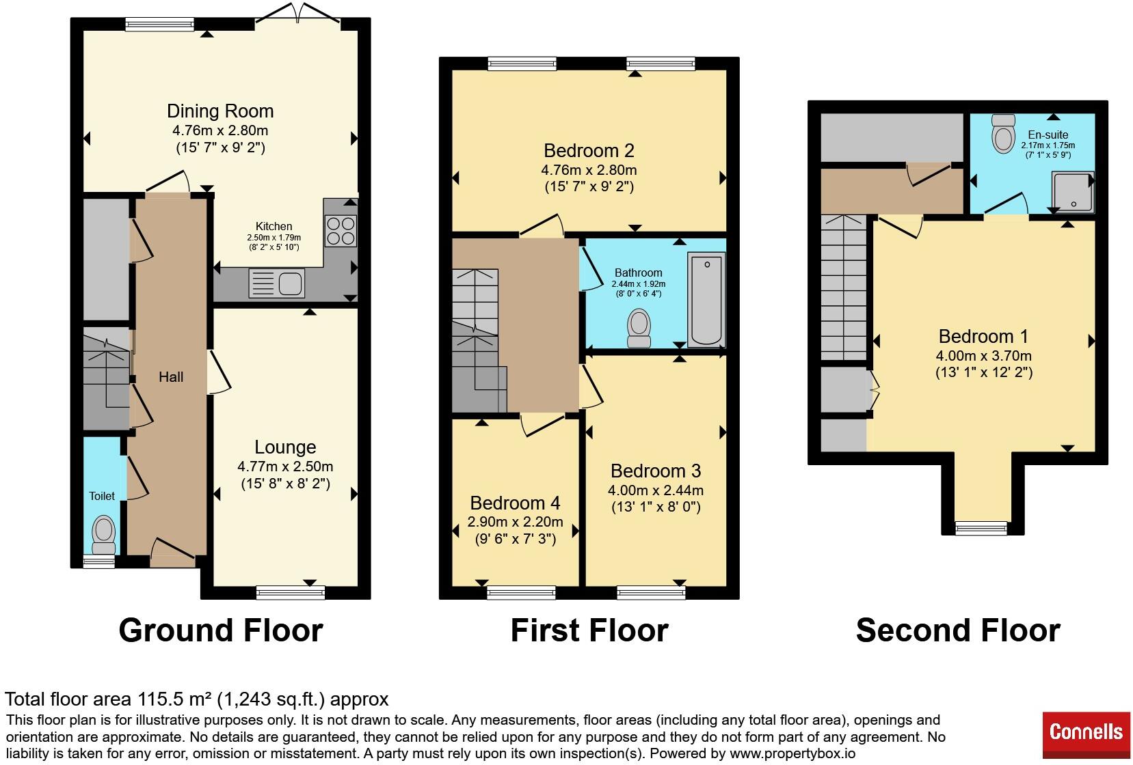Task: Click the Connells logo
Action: click(1086, 735)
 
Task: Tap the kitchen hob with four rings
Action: click(341, 231)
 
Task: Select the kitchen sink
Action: click(277, 283)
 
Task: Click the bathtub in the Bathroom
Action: click(706, 299)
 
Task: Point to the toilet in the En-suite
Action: click(1004, 133)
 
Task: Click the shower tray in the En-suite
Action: click(1073, 192)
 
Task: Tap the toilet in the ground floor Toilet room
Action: click(104, 535)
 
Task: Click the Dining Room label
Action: click(221, 111)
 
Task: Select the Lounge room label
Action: click(285, 447)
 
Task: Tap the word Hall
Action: click(171, 377)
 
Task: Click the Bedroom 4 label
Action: click(515, 503)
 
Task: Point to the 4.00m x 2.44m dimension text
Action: click(656, 490)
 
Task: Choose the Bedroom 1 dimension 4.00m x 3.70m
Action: click(984, 356)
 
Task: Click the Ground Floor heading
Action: click(221, 630)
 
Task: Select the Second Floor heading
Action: click(958, 630)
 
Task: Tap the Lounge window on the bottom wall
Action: click(291, 592)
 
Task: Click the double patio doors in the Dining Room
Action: click(298, 14)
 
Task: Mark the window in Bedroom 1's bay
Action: click(981, 529)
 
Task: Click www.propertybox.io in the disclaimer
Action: click(792, 753)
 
